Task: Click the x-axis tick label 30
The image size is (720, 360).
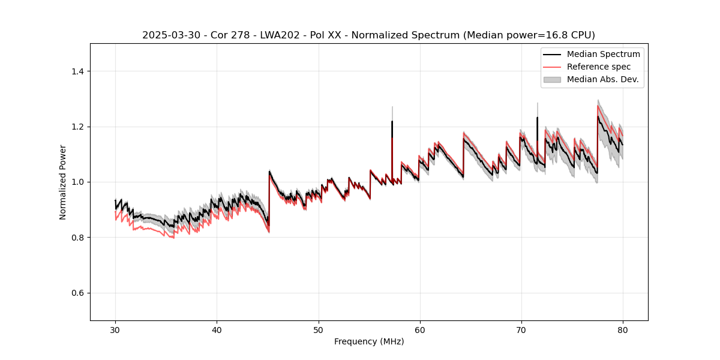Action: click(115, 329)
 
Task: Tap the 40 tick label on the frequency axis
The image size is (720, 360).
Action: click(217, 329)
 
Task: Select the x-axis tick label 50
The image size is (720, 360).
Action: click(318, 329)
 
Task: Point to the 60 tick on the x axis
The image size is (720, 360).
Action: click(419, 329)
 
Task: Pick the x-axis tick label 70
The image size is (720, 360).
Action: click(521, 329)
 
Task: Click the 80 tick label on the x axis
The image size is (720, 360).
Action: click(622, 329)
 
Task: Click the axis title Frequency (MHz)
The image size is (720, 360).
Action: click(369, 341)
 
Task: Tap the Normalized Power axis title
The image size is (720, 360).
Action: click(63, 182)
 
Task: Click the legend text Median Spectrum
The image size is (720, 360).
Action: click(603, 54)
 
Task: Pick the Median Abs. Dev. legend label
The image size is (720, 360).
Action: click(603, 79)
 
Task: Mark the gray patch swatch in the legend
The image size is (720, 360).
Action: click(552, 79)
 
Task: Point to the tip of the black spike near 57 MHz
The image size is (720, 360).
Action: click(392, 121)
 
